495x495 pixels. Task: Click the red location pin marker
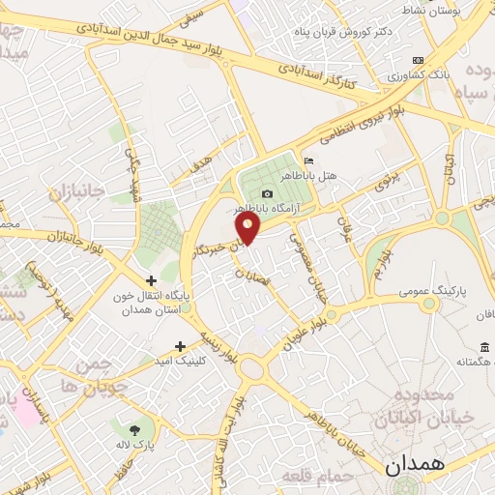point(249,228)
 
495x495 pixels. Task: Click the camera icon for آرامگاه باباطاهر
point(268,193)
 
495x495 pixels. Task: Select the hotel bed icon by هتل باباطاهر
point(308,160)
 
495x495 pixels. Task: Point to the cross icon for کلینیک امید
point(180,346)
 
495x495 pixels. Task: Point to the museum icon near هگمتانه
point(483,346)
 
